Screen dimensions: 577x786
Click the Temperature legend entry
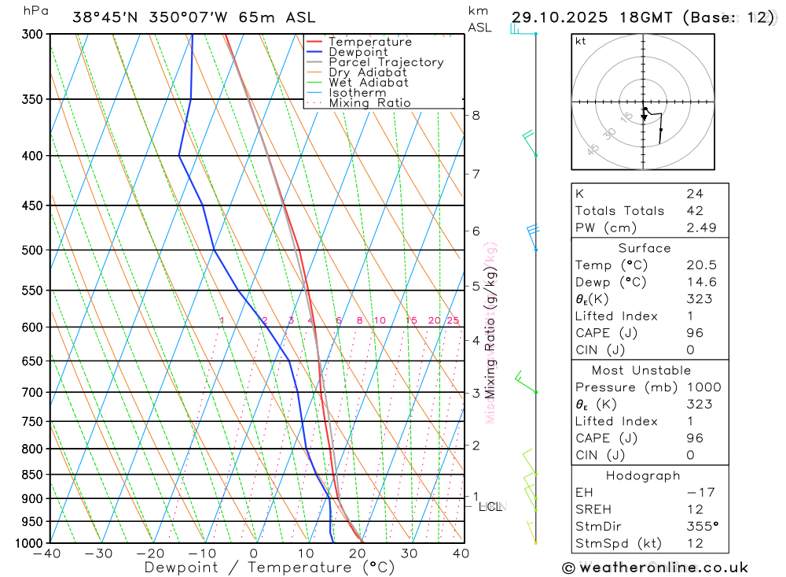pyautogui.click(x=369, y=42)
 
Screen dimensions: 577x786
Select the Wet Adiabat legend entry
pyautogui.click(x=368, y=83)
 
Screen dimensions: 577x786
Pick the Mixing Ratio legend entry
pyautogui.click(x=369, y=103)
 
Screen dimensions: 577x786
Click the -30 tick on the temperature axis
pyautogui.click(x=99, y=553)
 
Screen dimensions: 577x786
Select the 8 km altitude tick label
pyautogui.click(x=476, y=115)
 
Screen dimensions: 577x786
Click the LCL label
pyautogui.click(x=490, y=507)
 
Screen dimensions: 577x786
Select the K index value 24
pyautogui.click(x=694, y=194)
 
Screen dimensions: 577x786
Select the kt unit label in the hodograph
pyautogui.click(x=581, y=42)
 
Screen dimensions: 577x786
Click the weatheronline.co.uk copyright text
pyautogui.click(x=655, y=568)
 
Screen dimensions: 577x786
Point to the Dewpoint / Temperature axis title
pyautogui.click(x=257, y=567)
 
